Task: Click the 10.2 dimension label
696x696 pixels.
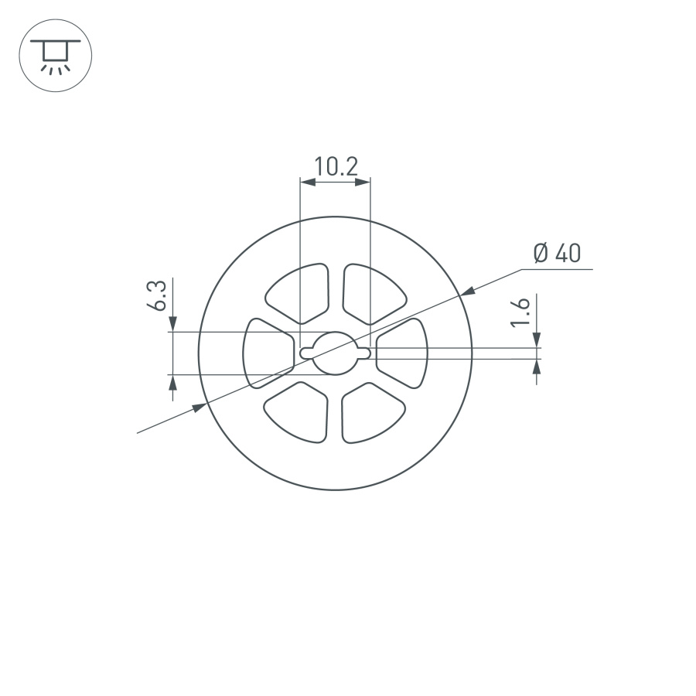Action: click(335, 166)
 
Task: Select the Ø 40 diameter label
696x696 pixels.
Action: click(557, 253)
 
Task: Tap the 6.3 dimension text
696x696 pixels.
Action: click(157, 296)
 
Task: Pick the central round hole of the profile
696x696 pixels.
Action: click(335, 353)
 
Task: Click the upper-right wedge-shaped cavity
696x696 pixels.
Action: click(371, 292)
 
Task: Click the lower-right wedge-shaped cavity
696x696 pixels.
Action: click(371, 413)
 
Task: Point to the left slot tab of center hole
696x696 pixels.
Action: click(306, 353)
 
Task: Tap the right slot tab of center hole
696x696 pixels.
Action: click(363, 353)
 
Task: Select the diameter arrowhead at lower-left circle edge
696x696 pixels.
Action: click(200, 407)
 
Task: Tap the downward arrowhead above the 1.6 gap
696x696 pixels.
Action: click(537, 340)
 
